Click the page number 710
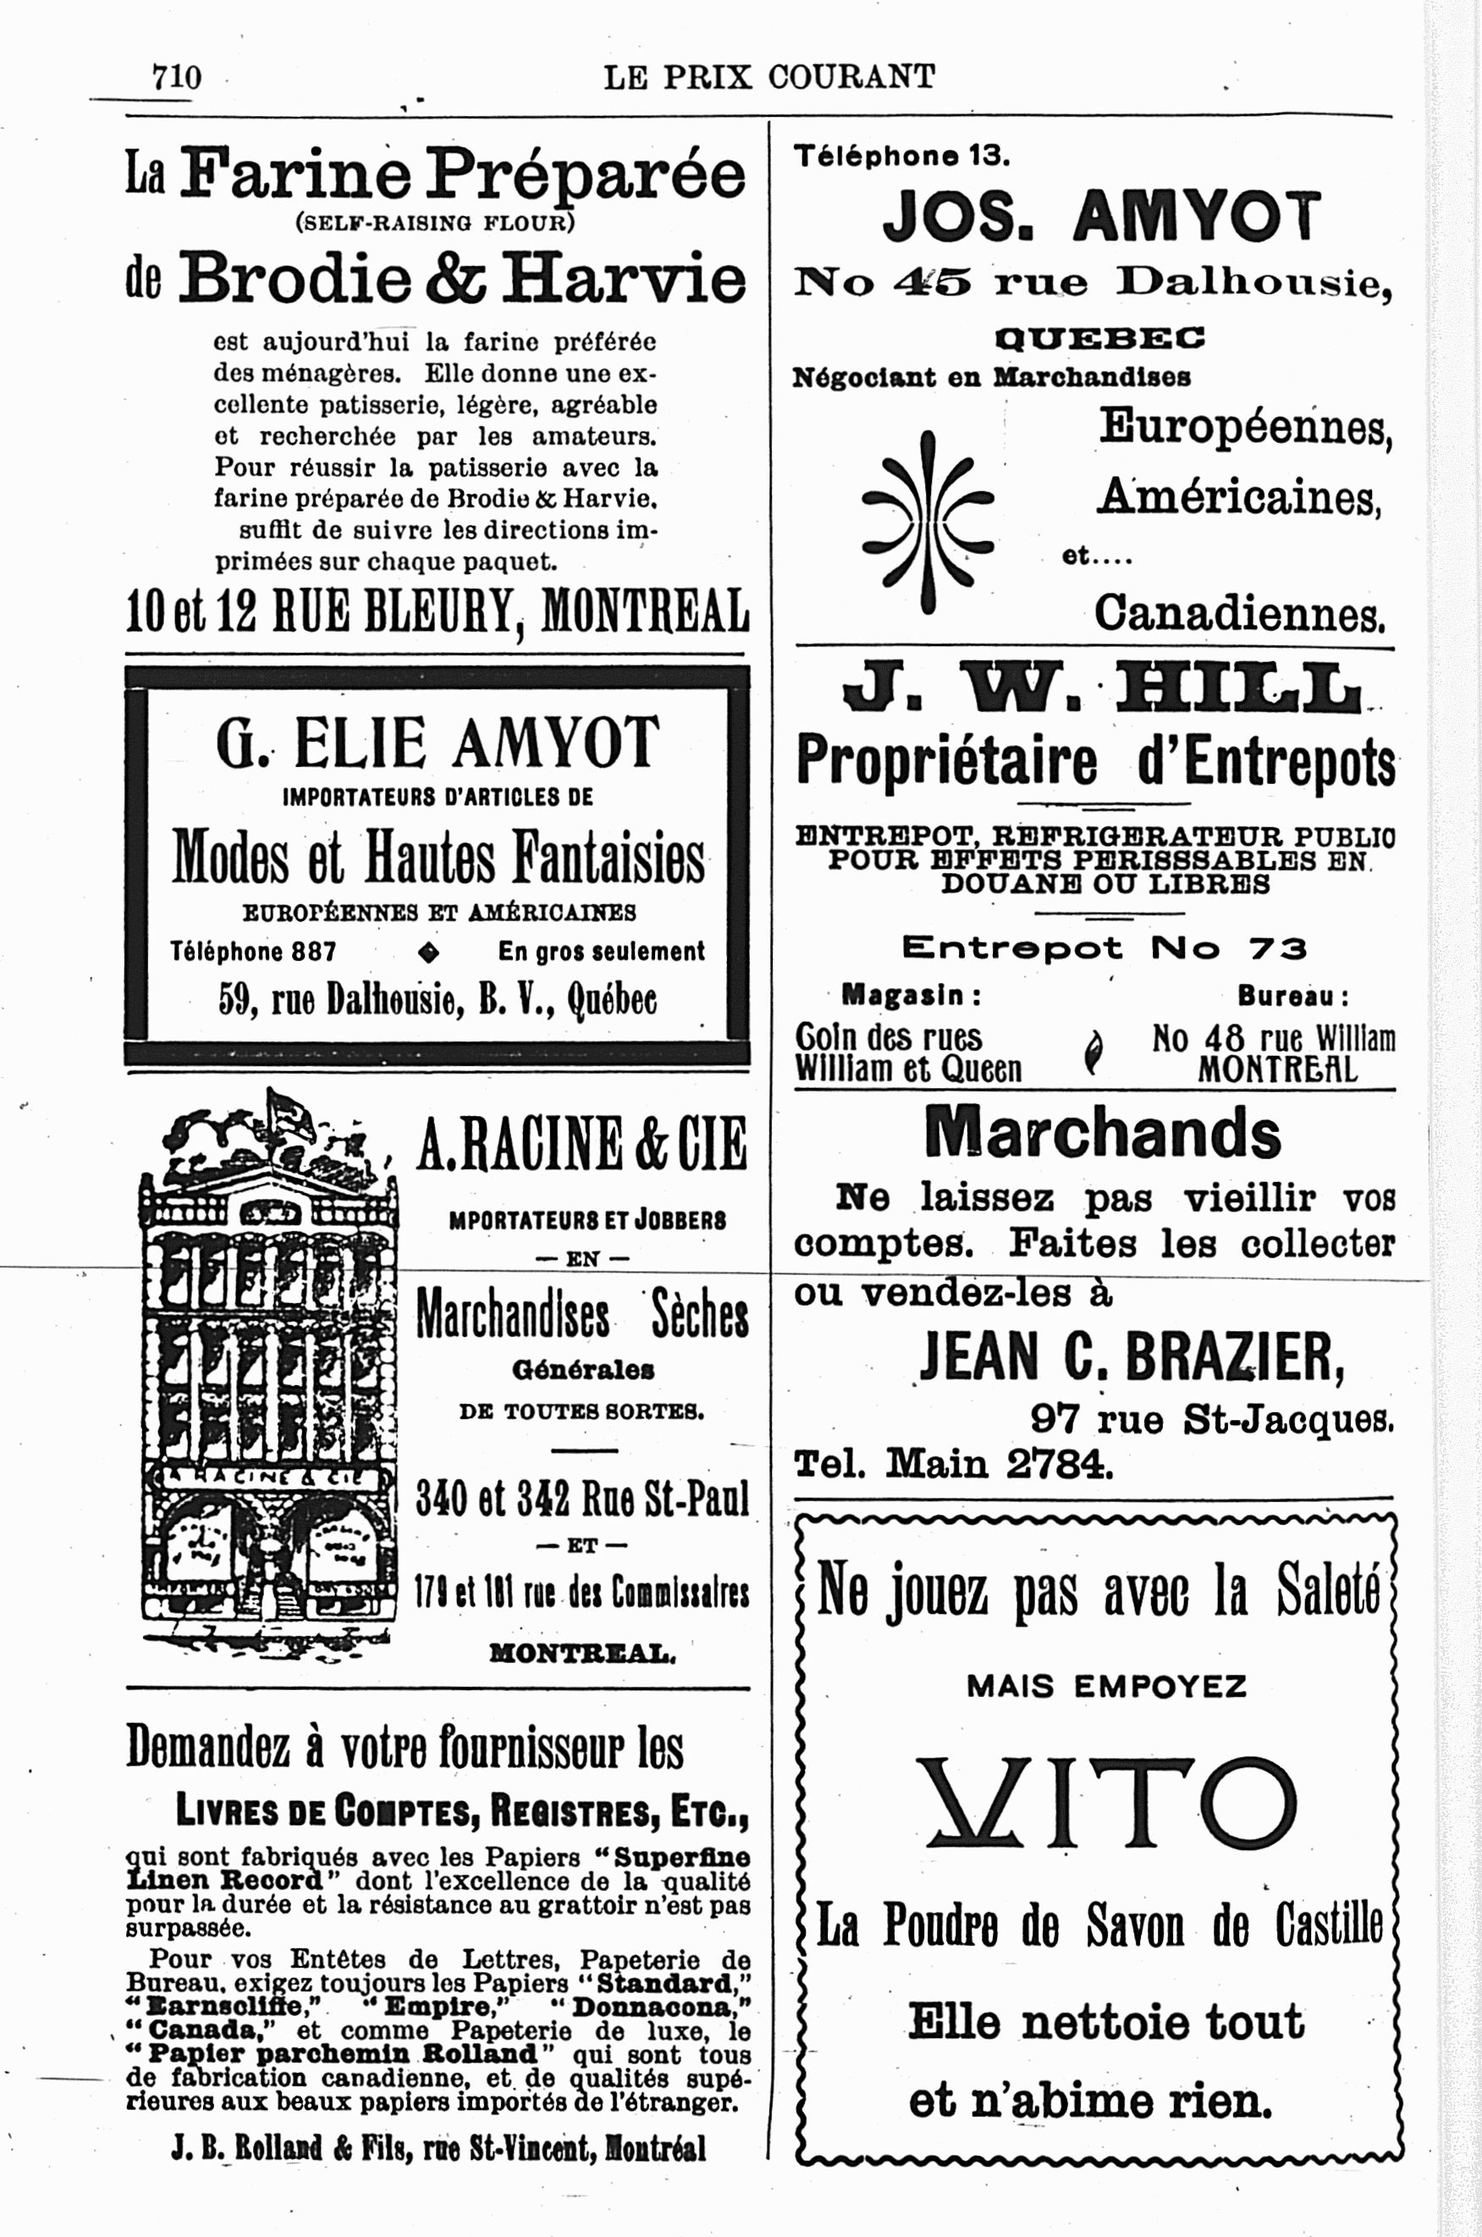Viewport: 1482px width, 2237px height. [x=177, y=76]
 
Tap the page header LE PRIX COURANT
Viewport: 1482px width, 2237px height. [x=769, y=76]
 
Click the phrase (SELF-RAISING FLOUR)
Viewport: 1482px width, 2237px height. [x=435, y=224]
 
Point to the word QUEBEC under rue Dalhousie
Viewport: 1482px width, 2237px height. [x=1100, y=338]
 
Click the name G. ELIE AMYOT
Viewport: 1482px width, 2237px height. [x=437, y=743]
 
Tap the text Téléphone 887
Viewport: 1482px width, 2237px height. [x=253, y=951]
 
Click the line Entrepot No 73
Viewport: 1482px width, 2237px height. [x=1103, y=947]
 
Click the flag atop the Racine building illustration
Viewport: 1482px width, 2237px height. [x=289, y=1111]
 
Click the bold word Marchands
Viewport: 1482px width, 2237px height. [x=1102, y=1133]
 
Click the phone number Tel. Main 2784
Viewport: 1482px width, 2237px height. [x=954, y=1464]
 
